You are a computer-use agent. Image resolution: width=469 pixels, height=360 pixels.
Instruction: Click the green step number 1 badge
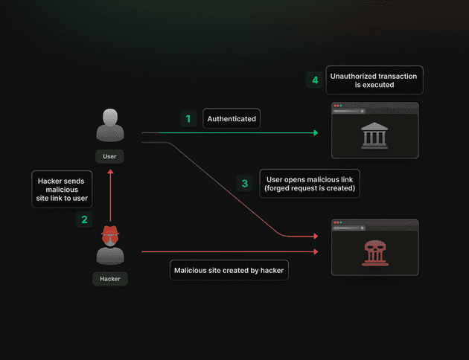click(x=188, y=118)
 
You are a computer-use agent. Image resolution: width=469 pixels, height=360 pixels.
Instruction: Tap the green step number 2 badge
click(x=84, y=219)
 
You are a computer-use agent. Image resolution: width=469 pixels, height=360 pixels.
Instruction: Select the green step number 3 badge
click(x=245, y=183)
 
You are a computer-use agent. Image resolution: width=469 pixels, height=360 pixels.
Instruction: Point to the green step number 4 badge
click(x=315, y=80)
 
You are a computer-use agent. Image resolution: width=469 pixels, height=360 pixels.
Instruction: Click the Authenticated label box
click(x=232, y=118)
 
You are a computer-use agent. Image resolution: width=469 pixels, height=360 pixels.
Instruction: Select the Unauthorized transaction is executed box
click(x=374, y=80)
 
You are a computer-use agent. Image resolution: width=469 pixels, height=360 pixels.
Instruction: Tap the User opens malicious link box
click(x=310, y=184)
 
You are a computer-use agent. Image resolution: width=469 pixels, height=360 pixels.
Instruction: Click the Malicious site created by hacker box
click(x=229, y=270)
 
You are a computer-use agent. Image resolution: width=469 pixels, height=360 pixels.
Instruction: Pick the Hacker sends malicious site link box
click(x=62, y=189)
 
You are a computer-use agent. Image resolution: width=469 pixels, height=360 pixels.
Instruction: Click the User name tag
click(x=109, y=156)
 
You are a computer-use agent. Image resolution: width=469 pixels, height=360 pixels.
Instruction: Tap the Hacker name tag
click(x=110, y=279)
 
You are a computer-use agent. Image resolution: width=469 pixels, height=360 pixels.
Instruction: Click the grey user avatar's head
click(x=110, y=117)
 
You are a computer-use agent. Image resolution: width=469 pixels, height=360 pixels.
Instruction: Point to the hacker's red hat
click(x=110, y=230)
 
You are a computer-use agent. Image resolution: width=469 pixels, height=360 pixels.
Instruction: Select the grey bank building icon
click(x=374, y=135)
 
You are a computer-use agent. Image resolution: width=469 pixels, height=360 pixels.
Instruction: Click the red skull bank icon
click(x=375, y=253)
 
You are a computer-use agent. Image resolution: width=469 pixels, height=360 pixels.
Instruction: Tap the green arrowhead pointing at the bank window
click(x=316, y=132)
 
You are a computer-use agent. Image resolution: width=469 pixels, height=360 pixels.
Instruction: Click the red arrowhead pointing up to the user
click(x=110, y=172)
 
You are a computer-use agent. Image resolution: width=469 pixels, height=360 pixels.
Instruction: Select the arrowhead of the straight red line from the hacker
click(x=316, y=251)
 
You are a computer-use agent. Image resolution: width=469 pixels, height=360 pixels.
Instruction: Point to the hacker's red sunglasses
click(x=110, y=239)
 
